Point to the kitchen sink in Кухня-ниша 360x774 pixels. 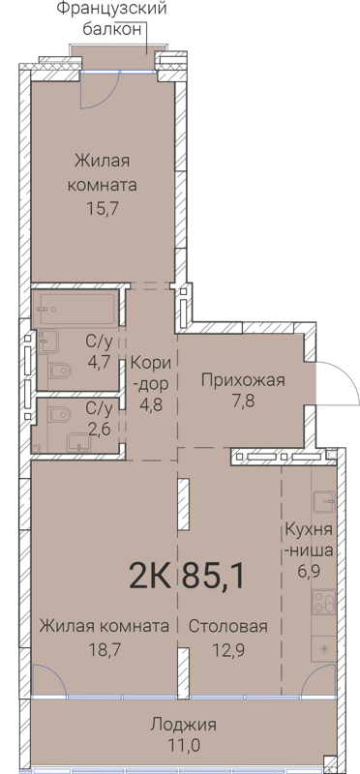click(324, 500)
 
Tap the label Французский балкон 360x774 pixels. click(103, 19)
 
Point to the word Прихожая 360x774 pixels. click(242, 380)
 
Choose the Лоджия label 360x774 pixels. click(184, 725)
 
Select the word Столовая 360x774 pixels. click(228, 626)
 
